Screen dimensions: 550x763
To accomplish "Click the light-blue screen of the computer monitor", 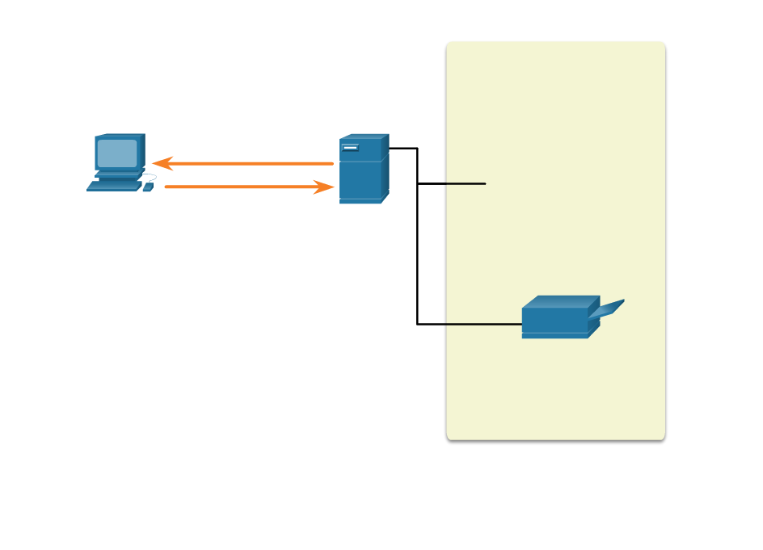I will pyautogui.click(x=117, y=153).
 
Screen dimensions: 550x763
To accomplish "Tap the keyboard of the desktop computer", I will pyautogui.click(x=114, y=186).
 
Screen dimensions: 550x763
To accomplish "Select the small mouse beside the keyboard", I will pyautogui.click(x=147, y=187).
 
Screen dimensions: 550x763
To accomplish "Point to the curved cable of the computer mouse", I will pyautogui.click(x=150, y=176).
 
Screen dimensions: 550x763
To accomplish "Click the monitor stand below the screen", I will pyautogui.click(x=118, y=173).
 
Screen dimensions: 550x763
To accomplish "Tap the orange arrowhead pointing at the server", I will pyautogui.click(x=325, y=187).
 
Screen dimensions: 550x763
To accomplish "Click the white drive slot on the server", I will pyautogui.click(x=350, y=148).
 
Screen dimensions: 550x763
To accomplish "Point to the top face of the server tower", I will pyautogui.click(x=364, y=136).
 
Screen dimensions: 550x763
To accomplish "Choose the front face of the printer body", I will pyautogui.click(x=554, y=321).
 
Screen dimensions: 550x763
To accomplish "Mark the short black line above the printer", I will pyautogui.click(x=466, y=183).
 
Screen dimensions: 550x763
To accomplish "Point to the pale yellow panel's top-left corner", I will pyautogui.click(x=449, y=44).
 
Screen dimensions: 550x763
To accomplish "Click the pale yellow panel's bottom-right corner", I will pyautogui.click(x=662, y=437).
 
